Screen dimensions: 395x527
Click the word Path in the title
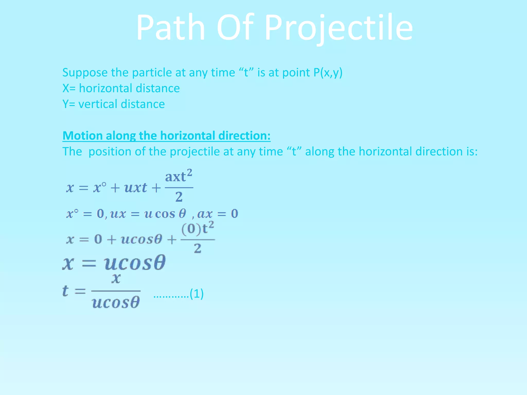(x=170, y=28)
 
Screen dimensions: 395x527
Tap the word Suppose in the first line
(x=85, y=73)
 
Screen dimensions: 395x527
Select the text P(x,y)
(x=328, y=73)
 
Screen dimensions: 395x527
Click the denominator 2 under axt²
(x=179, y=197)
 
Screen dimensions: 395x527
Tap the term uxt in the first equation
(x=136, y=187)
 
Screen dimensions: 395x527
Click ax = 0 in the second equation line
(x=218, y=214)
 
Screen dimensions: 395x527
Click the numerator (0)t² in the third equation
(x=197, y=228)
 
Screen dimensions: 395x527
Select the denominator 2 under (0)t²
(x=197, y=249)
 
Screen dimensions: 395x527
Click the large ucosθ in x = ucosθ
(x=135, y=263)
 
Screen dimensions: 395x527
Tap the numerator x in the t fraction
(x=116, y=278)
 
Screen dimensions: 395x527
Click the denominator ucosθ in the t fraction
(x=116, y=302)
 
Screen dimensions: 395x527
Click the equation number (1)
(x=197, y=294)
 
